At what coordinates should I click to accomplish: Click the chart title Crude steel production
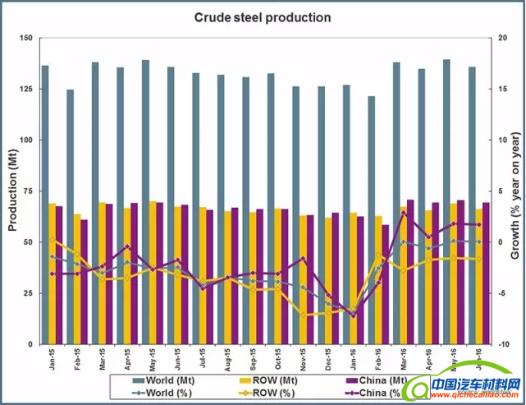coord(263,17)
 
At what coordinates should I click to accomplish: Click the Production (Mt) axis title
coord(11,191)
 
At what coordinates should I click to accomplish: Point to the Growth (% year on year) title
coord(515,191)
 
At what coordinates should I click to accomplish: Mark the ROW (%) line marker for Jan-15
coord(53,240)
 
